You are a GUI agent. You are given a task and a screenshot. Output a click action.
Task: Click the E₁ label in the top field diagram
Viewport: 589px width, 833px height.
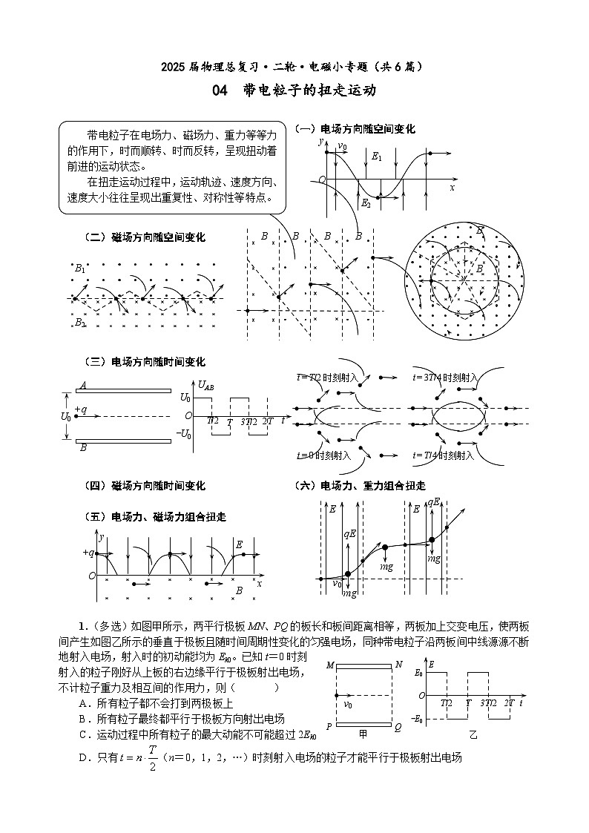pyautogui.click(x=377, y=157)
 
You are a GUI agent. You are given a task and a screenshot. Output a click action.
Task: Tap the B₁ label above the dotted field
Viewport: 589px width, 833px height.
pyautogui.click(x=80, y=268)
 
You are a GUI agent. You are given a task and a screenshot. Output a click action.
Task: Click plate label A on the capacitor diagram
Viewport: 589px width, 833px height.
pyautogui.click(x=83, y=385)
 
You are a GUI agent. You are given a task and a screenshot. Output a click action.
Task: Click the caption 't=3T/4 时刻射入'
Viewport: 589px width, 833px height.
pyautogui.click(x=445, y=378)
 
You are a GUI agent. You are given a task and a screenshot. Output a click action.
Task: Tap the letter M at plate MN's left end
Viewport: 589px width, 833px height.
pyautogui.click(x=330, y=665)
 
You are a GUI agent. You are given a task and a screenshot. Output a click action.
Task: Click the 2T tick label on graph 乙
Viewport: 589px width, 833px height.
pyautogui.click(x=509, y=702)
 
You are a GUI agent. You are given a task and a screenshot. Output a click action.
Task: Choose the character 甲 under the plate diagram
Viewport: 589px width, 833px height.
pyautogui.click(x=363, y=734)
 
